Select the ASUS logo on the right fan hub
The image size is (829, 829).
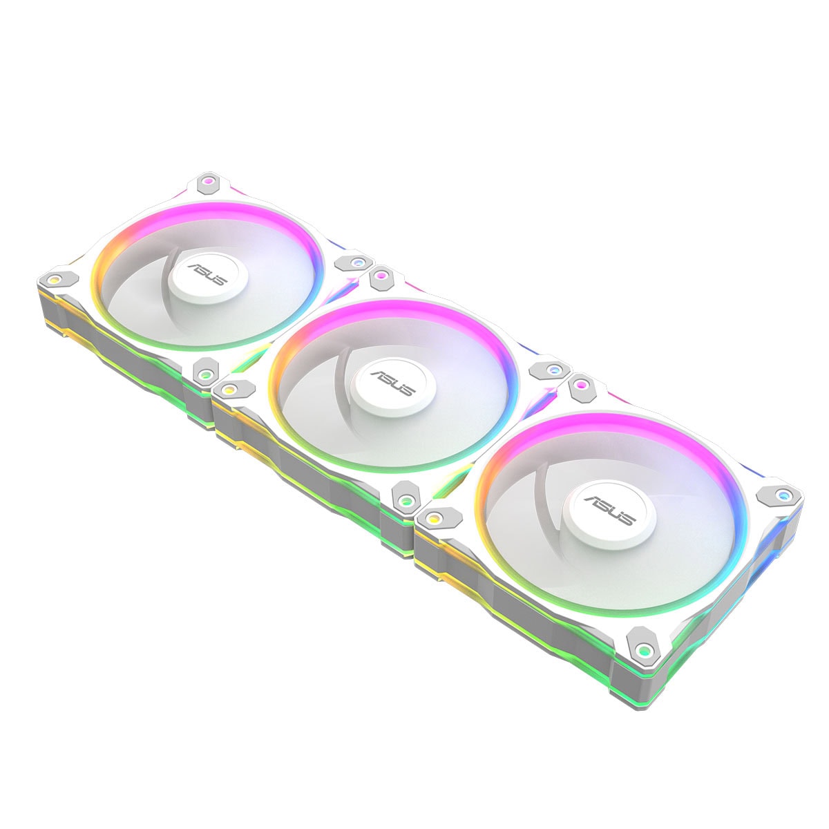point(610,511)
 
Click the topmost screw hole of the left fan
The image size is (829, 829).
point(208,181)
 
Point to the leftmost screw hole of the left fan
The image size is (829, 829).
point(54,280)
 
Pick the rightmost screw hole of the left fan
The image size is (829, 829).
point(356,262)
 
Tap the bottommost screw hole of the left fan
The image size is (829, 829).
point(206,374)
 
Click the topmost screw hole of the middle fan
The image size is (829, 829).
point(379,274)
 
